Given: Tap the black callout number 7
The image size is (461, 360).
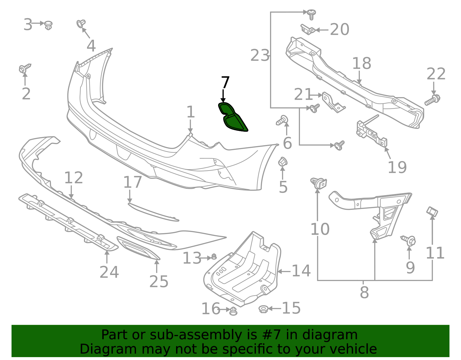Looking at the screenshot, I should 225,83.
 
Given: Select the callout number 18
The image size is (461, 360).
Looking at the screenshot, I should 362,63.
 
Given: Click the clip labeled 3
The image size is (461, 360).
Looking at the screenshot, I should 48,25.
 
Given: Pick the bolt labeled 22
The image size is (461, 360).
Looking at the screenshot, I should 432,99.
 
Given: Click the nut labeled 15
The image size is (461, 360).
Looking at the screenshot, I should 263,309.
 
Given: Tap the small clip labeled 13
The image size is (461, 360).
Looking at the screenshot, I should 214,256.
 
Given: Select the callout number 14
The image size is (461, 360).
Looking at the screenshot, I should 301,271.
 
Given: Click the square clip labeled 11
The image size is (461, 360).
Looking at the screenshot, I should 432,212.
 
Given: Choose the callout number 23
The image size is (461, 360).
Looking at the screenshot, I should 260,55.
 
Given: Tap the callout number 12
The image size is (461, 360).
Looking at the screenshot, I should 73,178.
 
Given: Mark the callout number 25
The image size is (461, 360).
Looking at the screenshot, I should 159,282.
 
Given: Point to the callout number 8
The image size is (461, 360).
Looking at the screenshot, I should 364,293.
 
